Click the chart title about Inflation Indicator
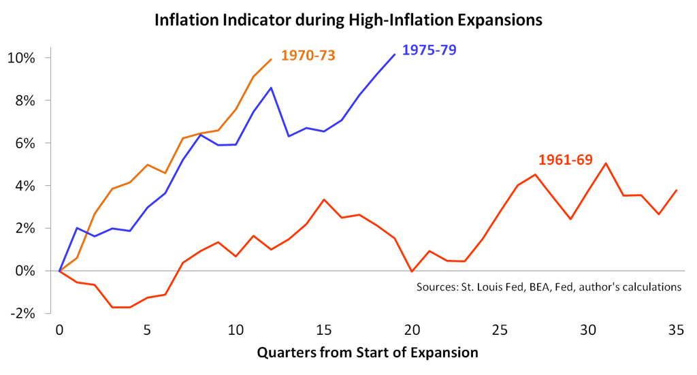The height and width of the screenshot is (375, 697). [348, 20]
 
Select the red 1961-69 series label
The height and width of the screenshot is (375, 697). [565, 161]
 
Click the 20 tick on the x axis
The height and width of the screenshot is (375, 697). [412, 329]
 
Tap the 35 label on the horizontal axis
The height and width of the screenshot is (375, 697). [676, 329]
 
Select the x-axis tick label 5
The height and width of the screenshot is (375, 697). [148, 329]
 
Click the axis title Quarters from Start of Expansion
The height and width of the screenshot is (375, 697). [368, 353]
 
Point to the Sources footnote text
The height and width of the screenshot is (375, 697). [549, 287]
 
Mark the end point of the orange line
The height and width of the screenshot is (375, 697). [272, 59]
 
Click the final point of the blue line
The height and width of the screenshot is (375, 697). [395, 54]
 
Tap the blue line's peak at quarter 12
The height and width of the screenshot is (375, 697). [272, 88]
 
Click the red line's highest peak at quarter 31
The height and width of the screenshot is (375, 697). [606, 163]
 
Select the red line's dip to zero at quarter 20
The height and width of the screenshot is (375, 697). [412, 272]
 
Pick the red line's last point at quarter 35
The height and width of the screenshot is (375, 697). [676, 190]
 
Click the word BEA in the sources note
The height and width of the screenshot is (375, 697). [536, 287]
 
